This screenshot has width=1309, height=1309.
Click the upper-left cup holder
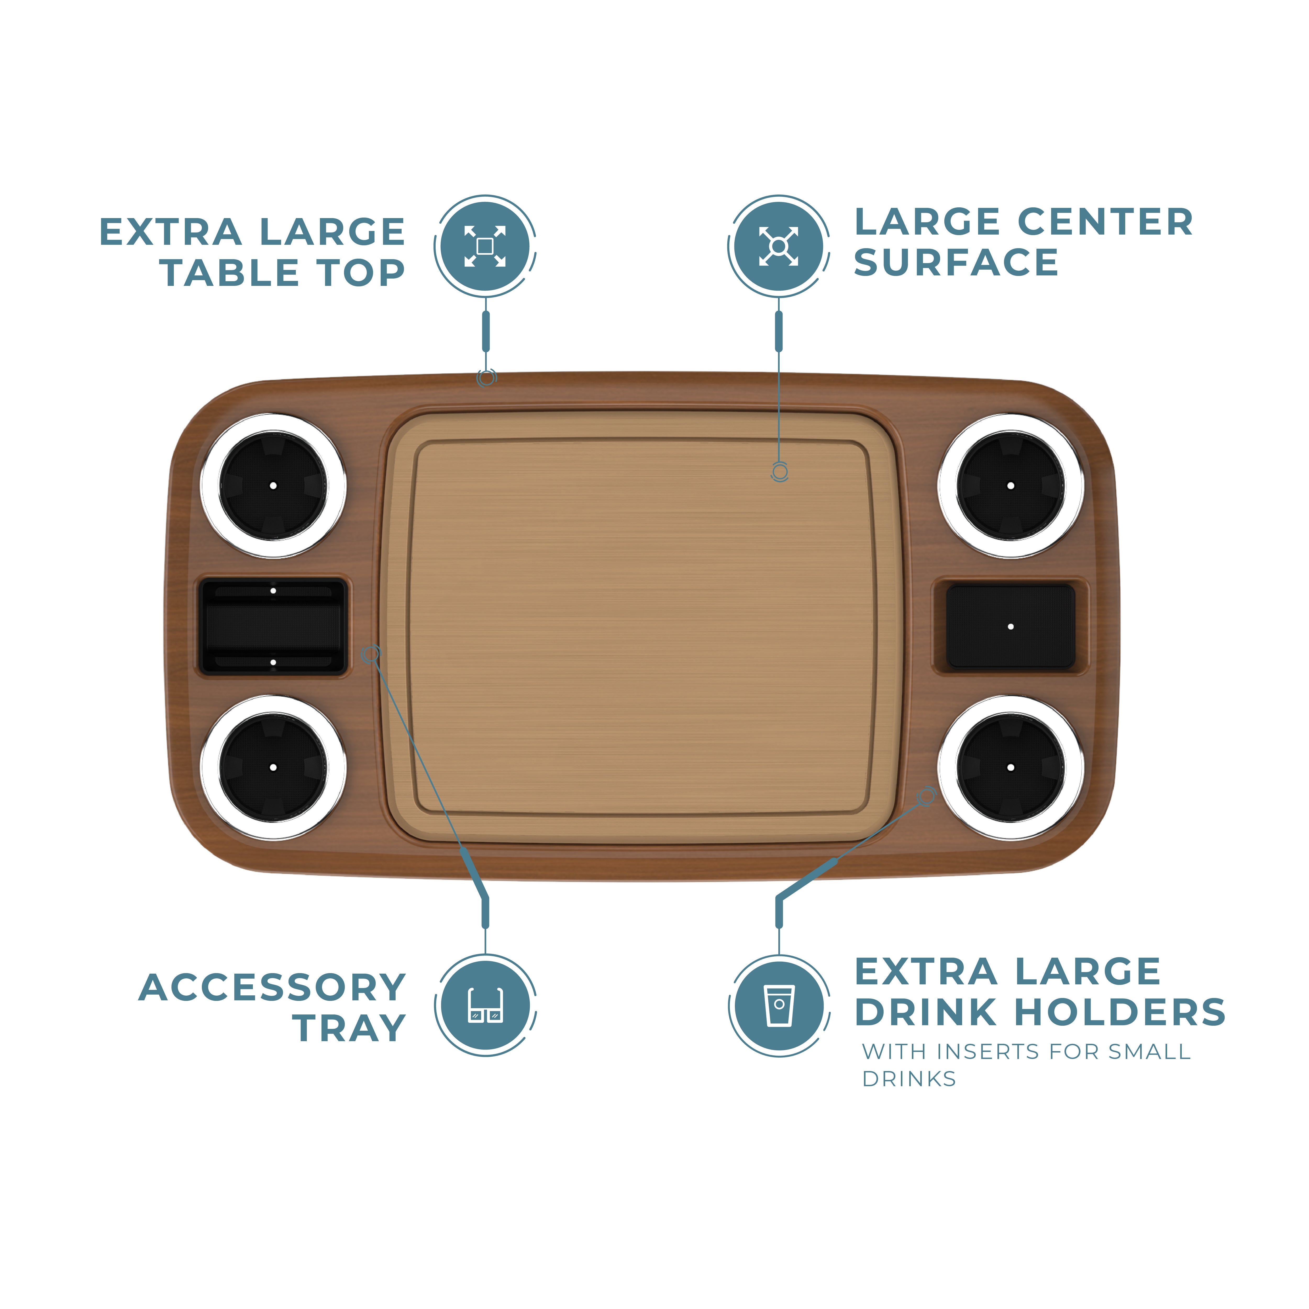(273, 486)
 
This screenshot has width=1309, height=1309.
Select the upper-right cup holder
(1010, 486)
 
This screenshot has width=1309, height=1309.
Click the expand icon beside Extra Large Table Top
(485, 246)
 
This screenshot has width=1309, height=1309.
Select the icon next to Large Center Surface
(779, 246)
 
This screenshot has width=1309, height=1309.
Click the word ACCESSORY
(272, 988)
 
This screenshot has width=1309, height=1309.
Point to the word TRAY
(350, 1029)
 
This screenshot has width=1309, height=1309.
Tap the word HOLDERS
(1120, 1012)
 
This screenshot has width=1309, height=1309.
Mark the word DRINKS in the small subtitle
(908, 1079)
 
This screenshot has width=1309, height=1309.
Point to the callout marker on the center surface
(779, 472)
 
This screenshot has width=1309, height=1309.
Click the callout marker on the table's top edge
(486, 378)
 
